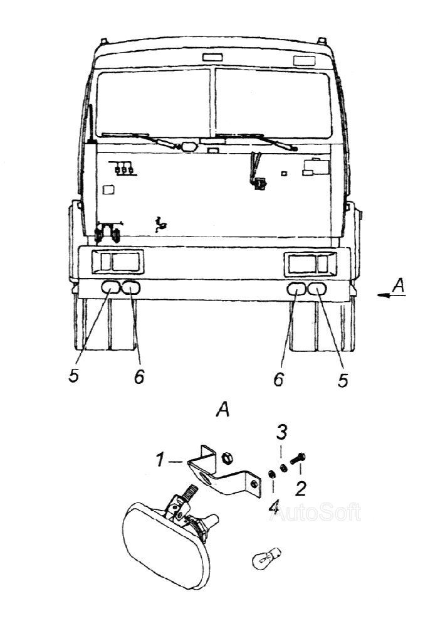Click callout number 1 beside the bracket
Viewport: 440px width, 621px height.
159,460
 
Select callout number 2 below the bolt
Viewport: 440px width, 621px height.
300,489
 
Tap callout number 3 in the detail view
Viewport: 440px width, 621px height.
281,432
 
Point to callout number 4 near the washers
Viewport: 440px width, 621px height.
274,506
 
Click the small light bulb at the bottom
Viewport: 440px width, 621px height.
266,559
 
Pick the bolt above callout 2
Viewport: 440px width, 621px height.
298,459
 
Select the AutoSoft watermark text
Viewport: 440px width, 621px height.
315,513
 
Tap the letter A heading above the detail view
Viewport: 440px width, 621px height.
223,410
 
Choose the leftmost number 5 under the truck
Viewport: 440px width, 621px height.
73,376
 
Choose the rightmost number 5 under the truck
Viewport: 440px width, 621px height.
343,379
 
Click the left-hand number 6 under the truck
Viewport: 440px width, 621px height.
139,376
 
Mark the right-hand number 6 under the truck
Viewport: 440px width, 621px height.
278,379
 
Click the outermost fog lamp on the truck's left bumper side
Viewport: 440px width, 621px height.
112,287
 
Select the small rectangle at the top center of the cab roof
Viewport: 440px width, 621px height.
212,58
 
